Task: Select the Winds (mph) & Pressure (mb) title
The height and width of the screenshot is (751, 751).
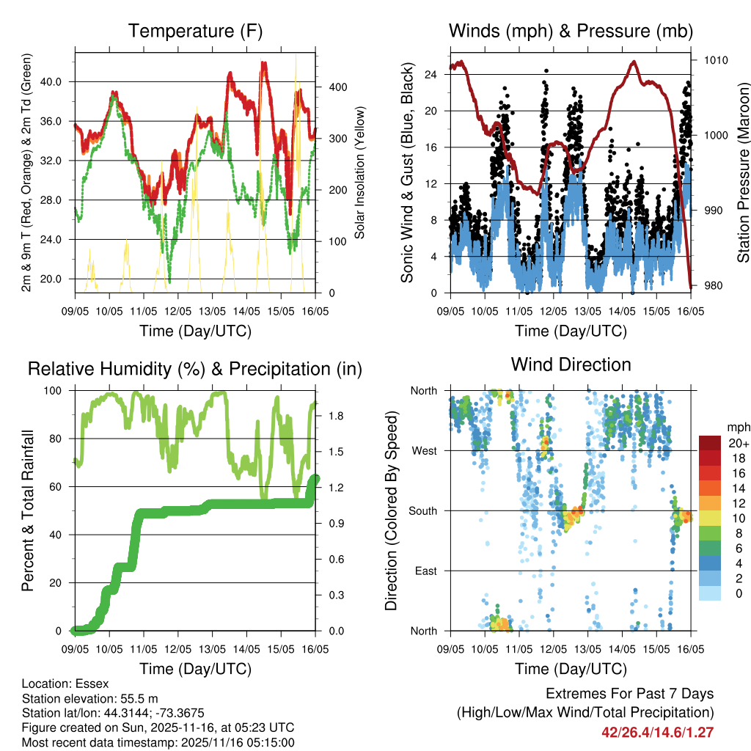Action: [571, 31]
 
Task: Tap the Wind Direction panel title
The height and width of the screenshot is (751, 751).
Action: [571, 364]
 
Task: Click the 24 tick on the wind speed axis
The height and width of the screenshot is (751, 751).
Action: [431, 74]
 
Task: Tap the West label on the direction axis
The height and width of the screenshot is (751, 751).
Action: [424, 450]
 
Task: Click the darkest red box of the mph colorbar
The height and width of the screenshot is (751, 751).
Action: [710, 443]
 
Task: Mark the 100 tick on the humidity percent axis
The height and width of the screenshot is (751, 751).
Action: [55, 391]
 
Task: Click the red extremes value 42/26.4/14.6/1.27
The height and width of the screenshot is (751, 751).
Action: [658, 732]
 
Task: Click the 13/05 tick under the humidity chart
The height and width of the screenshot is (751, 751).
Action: [213, 650]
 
